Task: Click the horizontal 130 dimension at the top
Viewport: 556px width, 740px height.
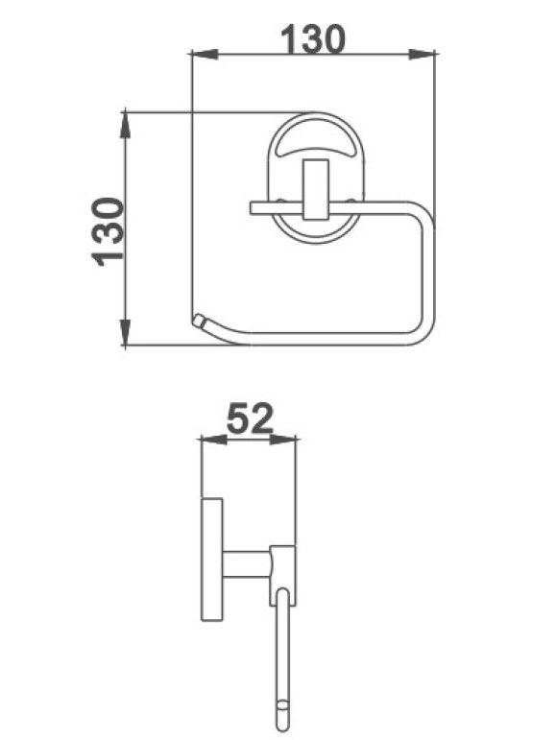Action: (314, 39)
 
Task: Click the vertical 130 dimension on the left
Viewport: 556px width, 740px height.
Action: (109, 232)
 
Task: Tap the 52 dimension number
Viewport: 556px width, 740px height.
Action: (250, 419)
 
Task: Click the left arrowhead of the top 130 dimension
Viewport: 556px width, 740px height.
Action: (204, 55)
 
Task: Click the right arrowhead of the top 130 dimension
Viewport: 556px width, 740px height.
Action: (422, 55)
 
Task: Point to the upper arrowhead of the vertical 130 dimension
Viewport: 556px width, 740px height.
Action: (125, 125)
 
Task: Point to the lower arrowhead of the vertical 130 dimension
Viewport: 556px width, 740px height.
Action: (125, 332)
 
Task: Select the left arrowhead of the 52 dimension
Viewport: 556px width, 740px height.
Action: (214, 440)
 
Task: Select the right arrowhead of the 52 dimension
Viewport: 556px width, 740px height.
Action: (283, 440)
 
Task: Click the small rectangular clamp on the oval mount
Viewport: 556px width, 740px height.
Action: (316, 190)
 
